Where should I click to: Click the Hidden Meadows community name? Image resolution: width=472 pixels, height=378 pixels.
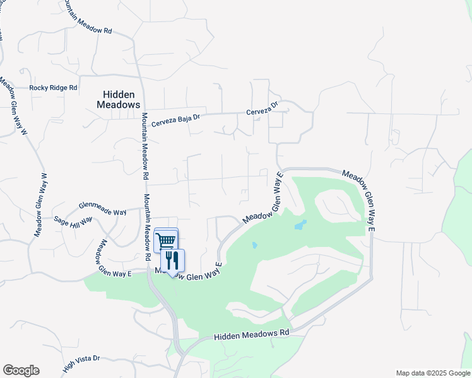[x=118, y=100]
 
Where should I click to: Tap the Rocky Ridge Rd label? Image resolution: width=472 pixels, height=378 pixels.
[x=53, y=88]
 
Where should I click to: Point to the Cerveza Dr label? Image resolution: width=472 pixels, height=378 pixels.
[x=262, y=110]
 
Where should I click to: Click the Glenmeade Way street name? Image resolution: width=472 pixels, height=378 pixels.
[x=102, y=209]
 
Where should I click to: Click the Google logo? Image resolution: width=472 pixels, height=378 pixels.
[x=21, y=370]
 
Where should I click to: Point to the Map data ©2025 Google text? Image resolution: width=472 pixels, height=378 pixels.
[x=433, y=373]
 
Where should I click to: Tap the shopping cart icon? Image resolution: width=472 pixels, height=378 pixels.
[x=166, y=239]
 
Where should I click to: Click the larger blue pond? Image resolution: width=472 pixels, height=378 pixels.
[x=300, y=225]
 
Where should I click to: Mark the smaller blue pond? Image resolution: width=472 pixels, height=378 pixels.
[x=254, y=245]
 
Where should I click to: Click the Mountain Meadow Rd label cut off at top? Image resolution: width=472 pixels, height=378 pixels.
[x=88, y=18]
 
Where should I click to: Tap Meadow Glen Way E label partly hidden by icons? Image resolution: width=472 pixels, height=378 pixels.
[x=189, y=272]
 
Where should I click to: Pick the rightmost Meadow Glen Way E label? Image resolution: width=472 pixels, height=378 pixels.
[x=359, y=203]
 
